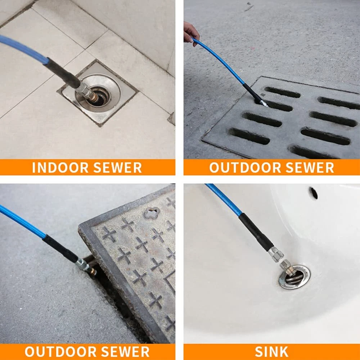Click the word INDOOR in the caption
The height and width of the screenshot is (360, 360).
click(60, 167)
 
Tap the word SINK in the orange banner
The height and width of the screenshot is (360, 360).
click(271, 351)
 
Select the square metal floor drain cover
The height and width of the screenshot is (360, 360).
click(98, 93)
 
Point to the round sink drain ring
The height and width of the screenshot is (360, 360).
click(294, 277)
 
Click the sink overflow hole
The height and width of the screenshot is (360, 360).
click(314, 193)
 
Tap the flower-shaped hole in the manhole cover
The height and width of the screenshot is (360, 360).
click(152, 213)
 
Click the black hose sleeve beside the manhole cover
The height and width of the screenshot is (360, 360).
click(60, 249)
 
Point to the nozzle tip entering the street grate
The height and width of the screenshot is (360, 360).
click(264, 104)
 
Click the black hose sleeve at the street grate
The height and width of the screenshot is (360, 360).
click(253, 93)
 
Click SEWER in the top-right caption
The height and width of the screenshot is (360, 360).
click(309, 167)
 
